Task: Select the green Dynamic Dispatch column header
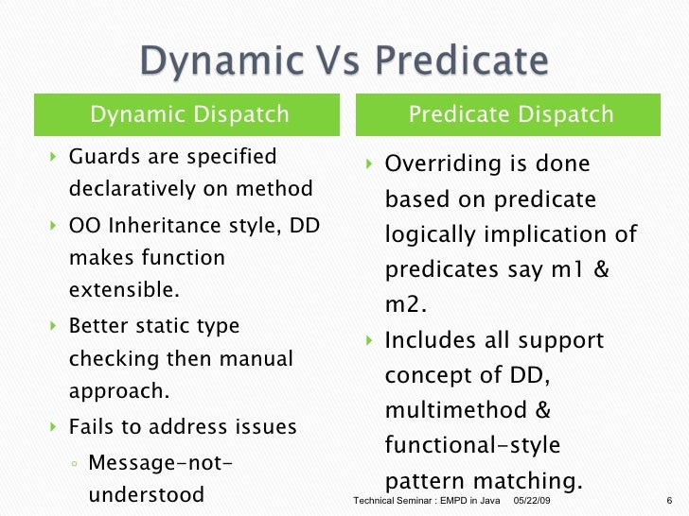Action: (x=189, y=115)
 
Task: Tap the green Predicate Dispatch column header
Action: (x=510, y=115)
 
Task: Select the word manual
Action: (x=256, y=358)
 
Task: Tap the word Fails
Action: (x=92, y=426)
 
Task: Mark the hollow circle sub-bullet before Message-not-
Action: (x=75, y=463)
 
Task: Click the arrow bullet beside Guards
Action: (x=53, y=156)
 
